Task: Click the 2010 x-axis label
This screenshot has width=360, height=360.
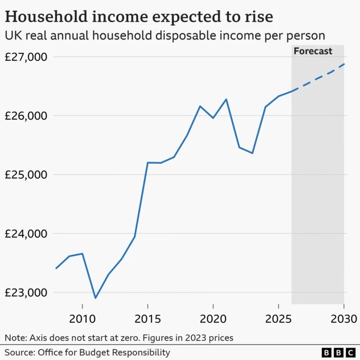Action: click(x=82, y=319)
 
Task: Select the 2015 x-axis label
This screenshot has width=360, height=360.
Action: click(x=147, y=319)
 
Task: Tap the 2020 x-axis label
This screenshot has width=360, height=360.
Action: click(x=213, y=319)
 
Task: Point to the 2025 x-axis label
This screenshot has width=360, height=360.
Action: click(x=278, y=319)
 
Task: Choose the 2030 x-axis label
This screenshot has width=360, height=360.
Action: click(x=343, y=319)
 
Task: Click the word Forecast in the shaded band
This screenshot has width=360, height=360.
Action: click(x=313, y=51)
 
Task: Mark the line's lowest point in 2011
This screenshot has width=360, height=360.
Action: click(x=95, y=298)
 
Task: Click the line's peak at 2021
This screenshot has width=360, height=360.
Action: click(x=226, y=100)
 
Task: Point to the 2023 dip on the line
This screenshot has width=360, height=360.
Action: click(x=252, y=153)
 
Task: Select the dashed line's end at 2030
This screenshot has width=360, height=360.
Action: click(x=344, y=64)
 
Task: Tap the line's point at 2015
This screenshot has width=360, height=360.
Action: click(x=147, y=163)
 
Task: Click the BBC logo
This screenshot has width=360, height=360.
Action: click(x=336, y=353)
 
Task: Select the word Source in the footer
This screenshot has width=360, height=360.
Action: click(x=19, y=353)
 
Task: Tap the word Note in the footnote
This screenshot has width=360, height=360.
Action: click(x=15, y=337)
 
